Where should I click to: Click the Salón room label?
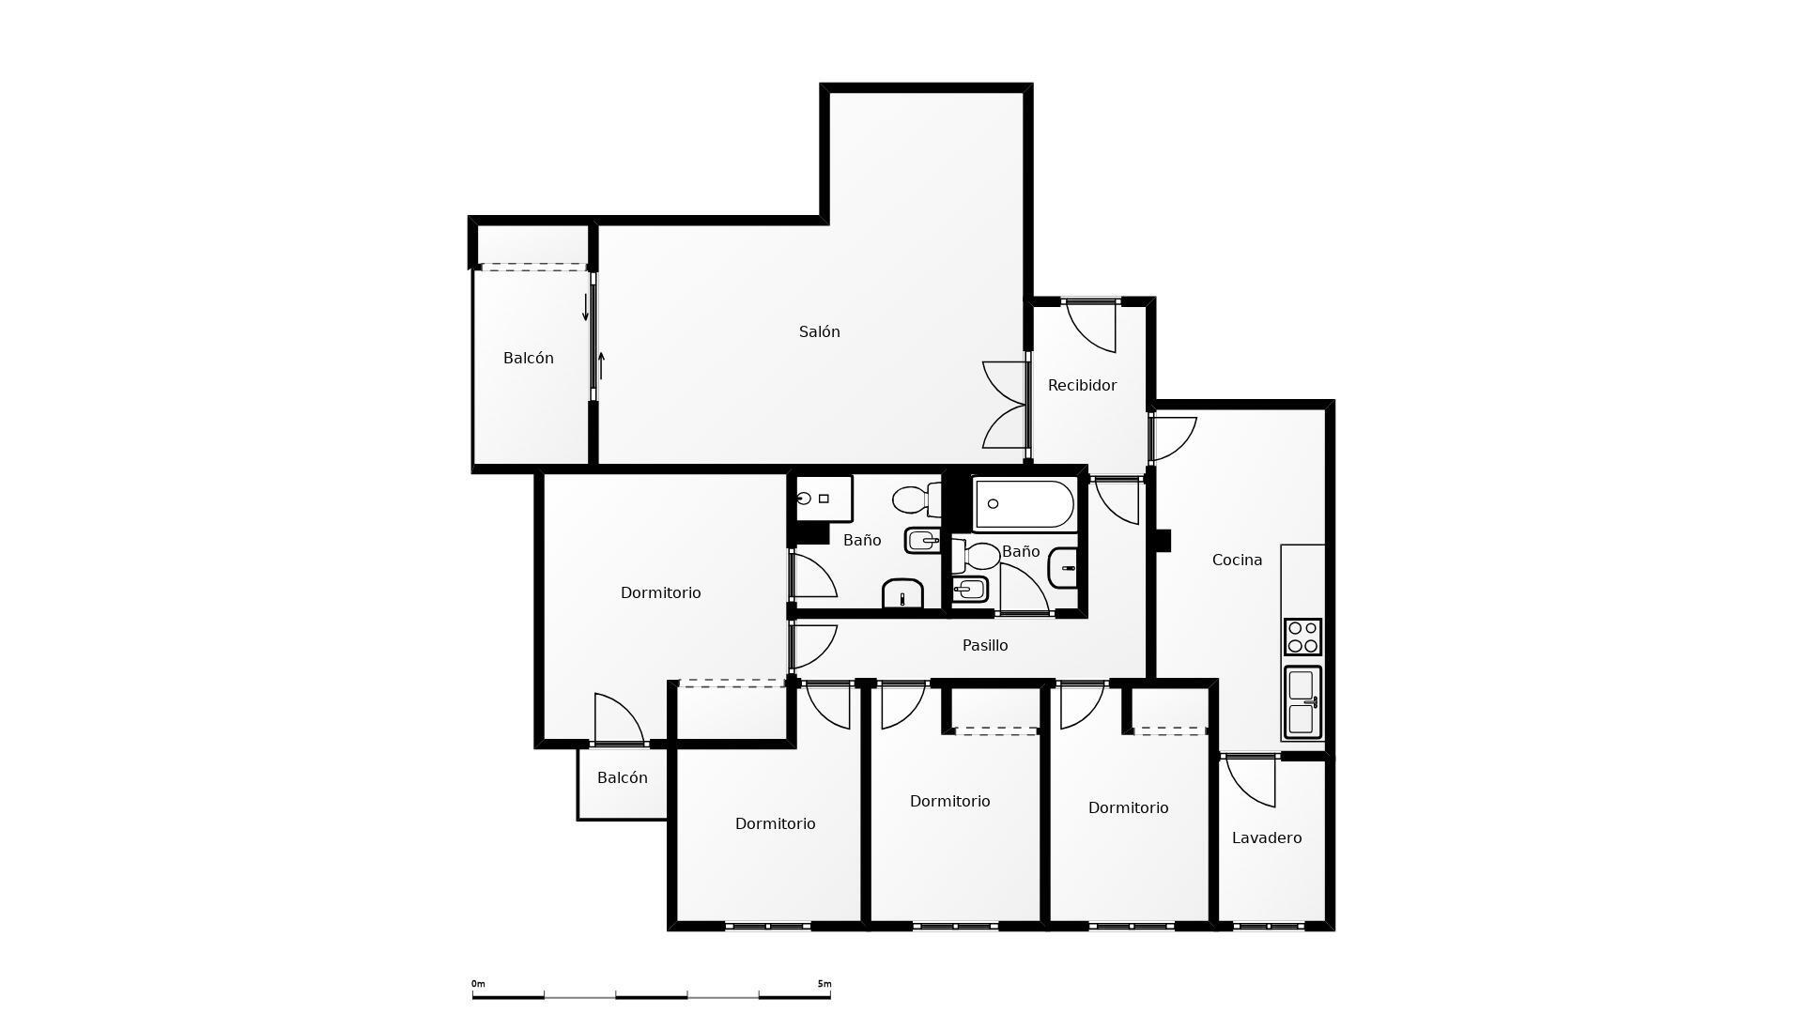(819, 331)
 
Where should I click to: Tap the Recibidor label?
(1082, 385)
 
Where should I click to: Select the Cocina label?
(1237, 560)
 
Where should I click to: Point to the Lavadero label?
(1266, 837)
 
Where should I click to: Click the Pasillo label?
(985, 645)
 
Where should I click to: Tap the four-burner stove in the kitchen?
(1302, 637)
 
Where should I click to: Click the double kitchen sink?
(1302, 702)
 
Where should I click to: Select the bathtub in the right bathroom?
(1024, 504)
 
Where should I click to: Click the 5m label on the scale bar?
(824, 984)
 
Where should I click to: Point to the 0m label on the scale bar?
(478, 984)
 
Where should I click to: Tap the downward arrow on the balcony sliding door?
(586, 307)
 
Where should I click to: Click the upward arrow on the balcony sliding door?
(601, 364)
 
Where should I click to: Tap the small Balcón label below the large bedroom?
(622, 777)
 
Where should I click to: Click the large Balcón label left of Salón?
(528, 358)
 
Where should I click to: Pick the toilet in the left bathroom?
(915, 499)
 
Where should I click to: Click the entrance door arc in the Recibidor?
(1092, 329)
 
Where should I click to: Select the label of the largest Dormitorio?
(660, 592)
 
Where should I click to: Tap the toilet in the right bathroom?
(977, 556)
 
